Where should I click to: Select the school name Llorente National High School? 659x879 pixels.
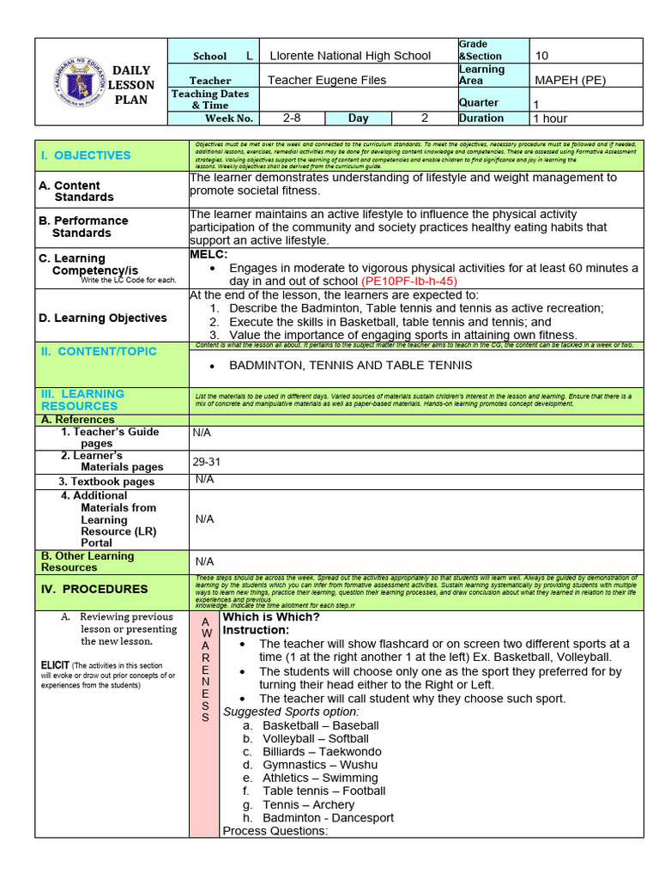click(350, 56)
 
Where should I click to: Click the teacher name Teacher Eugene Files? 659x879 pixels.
click(327, 80)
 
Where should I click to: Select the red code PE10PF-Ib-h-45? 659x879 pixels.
click(409, 281)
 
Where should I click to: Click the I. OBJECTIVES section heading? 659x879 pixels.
click(85, 155)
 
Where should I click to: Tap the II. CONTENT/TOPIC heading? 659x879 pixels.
click(98, 351)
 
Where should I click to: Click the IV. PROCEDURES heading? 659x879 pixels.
click(94, 589)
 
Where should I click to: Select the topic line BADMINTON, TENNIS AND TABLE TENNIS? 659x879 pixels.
click(350, 365)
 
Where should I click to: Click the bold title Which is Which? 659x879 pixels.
click(271, 617)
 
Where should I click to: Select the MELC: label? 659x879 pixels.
click(208, 255)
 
